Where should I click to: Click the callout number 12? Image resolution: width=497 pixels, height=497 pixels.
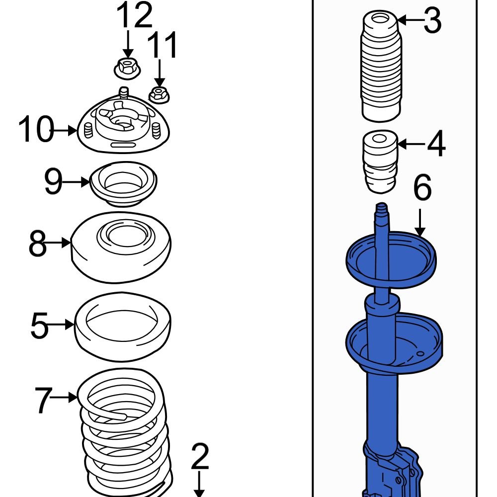click(x=134, y=16)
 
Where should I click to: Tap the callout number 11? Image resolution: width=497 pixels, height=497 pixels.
click(x=164, y=46)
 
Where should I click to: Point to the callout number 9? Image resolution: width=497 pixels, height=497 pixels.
click(x=54, y=182)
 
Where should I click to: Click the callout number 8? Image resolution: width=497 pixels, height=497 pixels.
click(x=37, y=243)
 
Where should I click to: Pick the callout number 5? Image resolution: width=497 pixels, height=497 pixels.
click(x=40, y=326)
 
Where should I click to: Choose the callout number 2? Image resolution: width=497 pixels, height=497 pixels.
click(x=199, y=458)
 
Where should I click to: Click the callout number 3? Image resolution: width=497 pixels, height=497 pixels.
click(x=432, y=21)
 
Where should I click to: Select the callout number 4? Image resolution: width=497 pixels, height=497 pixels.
click(x=436, y=145)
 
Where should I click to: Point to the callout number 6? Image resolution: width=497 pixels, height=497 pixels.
click(x=422, y=188)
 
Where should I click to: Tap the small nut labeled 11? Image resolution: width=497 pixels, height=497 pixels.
click(x=158, y=94)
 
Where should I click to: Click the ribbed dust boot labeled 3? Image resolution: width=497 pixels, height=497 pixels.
click(x=380, y=70)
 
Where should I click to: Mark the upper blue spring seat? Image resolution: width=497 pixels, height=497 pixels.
click(x=390, y=258)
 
